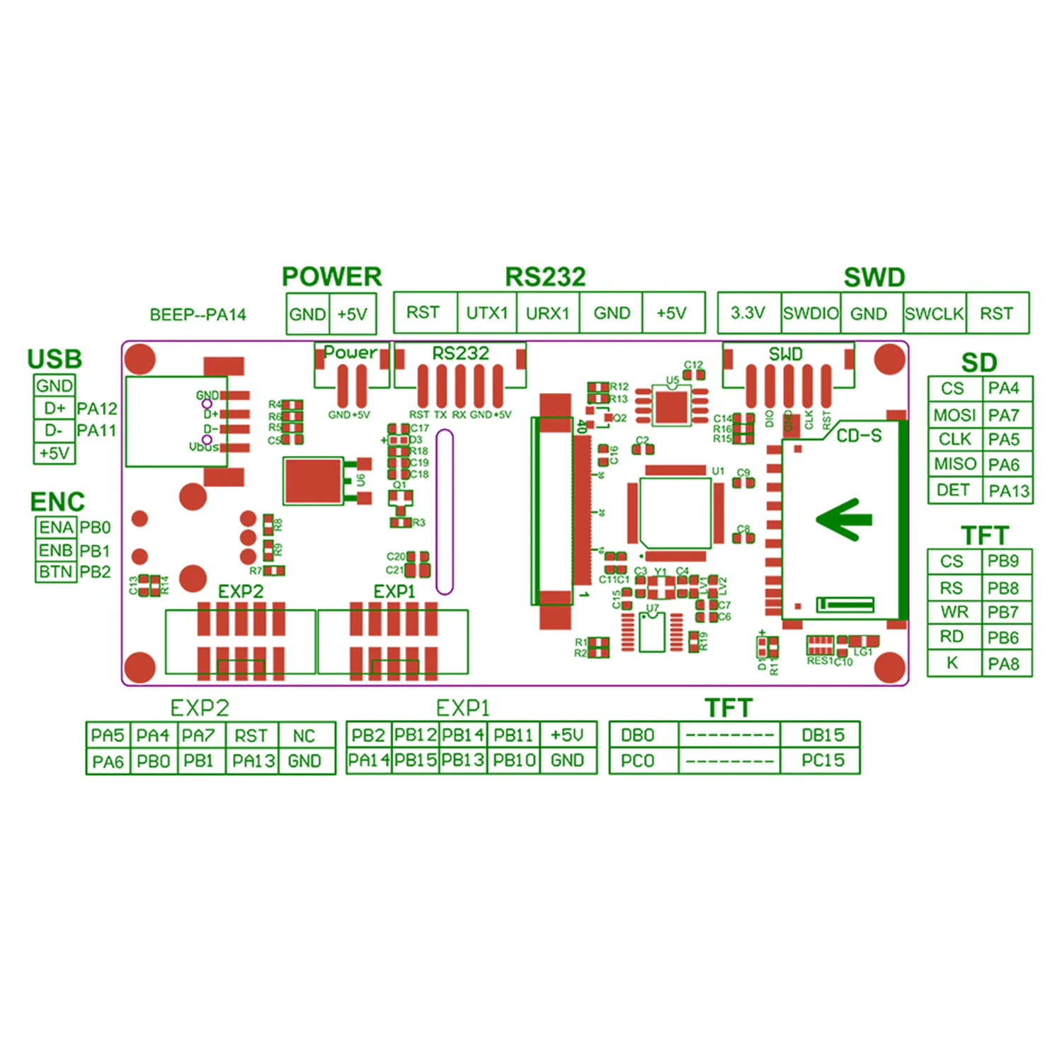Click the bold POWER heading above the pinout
(x=331, y=276)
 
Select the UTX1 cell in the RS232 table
(x=487, y=313)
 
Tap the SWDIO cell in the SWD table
(x=811, y=313)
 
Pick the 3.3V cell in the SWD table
(x=748, y=313)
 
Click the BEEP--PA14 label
(x=198, y=314)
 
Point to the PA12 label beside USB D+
(x=97, y=409)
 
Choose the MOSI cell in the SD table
(x=954, y=415)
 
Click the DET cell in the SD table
(x=953, y=490)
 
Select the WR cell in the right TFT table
(x=954, y=612)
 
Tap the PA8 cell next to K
(x=1003, y=664)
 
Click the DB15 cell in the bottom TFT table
(x=823, y=735)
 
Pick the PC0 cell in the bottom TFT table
(x=637, y=761)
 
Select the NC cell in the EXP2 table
(x=304, y=736)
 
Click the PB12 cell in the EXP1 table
(x=416, y=735)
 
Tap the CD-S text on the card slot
(x=859, y=435)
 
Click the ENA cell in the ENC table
(x=56, y=527)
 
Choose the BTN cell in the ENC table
(x=56, y=571)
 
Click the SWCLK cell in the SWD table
(x=934, y=314)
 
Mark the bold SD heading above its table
(x=979, y=362)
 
